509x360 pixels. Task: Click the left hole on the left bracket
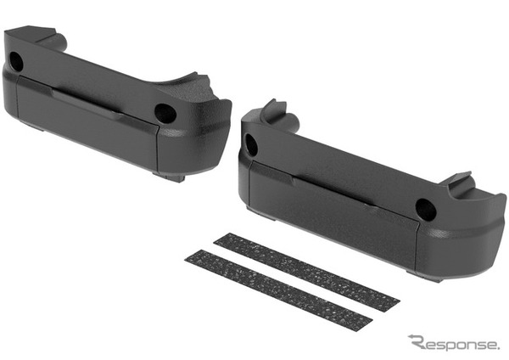pos(15,61)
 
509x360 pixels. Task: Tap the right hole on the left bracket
pos(165,114)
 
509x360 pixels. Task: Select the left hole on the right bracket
pos(250,144)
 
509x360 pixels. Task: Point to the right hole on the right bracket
pos(426,209)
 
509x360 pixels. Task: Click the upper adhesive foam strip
pos(306,273)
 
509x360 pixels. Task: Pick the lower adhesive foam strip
pos(278,290)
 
